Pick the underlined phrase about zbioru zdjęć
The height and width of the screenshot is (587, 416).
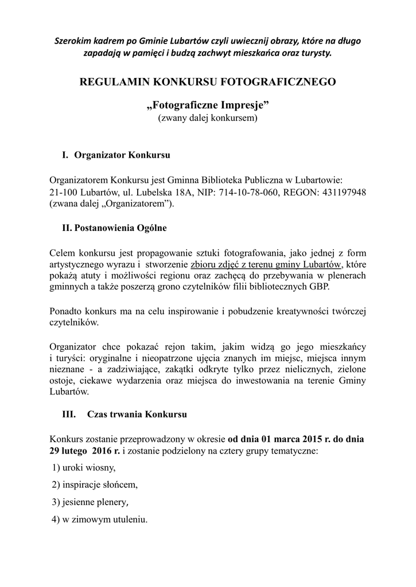[x=266, y=264]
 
